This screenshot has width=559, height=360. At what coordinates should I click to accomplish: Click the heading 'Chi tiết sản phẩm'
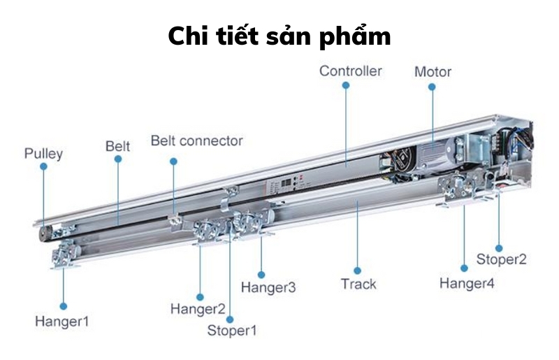click(279, 36)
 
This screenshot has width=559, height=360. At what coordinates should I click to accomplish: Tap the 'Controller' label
click(351, 71)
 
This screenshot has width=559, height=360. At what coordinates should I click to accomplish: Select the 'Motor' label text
click(433, 72)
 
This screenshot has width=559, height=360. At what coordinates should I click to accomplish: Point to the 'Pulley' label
click(43, 153)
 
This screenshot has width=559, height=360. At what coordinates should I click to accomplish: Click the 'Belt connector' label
click(197, 141)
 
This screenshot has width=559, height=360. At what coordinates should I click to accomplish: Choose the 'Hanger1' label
click(62, 322)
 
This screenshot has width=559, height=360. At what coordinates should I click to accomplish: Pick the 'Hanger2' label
click(198, 308)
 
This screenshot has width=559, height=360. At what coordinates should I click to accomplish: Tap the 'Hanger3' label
click(268, 287)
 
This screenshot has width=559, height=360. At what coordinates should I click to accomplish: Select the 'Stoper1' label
click(233, 330)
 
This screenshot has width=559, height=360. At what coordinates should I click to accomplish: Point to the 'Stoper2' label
click(501, 259)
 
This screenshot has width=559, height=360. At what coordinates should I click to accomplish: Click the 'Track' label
click(358, 284)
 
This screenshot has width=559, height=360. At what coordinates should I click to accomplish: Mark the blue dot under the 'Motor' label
click(432, 87)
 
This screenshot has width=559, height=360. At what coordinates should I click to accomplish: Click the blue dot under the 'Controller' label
click(345, 85)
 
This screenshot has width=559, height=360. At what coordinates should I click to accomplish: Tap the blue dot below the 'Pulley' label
click(43, 167)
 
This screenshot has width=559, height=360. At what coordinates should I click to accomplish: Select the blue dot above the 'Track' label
click(357, 269)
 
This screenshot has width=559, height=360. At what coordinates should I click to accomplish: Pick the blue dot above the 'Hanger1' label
click(63, 305)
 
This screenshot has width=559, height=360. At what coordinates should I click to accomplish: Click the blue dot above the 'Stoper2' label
click(499, 247)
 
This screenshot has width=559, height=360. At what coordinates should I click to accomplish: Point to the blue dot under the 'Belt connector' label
click(173, 161)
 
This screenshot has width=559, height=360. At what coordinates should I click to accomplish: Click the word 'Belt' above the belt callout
click(118, 146)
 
